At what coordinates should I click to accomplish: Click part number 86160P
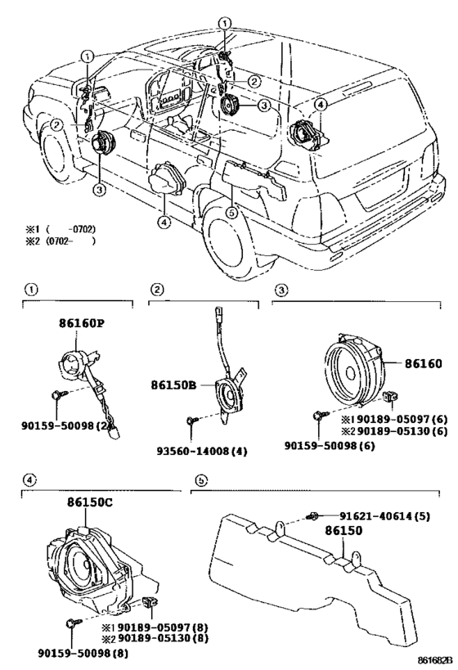pos(82,323)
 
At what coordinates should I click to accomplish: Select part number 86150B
pos(173,385)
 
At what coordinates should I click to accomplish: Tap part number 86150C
pos(90,502)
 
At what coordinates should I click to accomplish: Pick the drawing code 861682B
pos(433,662)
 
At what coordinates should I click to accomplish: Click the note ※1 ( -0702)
pos(61,229)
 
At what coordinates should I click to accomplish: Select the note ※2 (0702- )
pos(61,241)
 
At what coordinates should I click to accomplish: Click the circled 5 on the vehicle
pos(231,213)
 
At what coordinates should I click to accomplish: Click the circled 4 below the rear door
pos(164,222)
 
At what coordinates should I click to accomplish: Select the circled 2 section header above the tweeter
pos(157,290)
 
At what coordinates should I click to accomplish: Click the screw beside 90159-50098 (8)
pos(71,623)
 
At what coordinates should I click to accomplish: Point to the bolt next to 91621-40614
pos(312,516)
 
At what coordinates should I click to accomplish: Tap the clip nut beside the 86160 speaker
pos(389,397)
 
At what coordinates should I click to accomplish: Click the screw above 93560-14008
pos(191,420)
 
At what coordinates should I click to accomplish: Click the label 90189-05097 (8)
pos(156,627)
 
